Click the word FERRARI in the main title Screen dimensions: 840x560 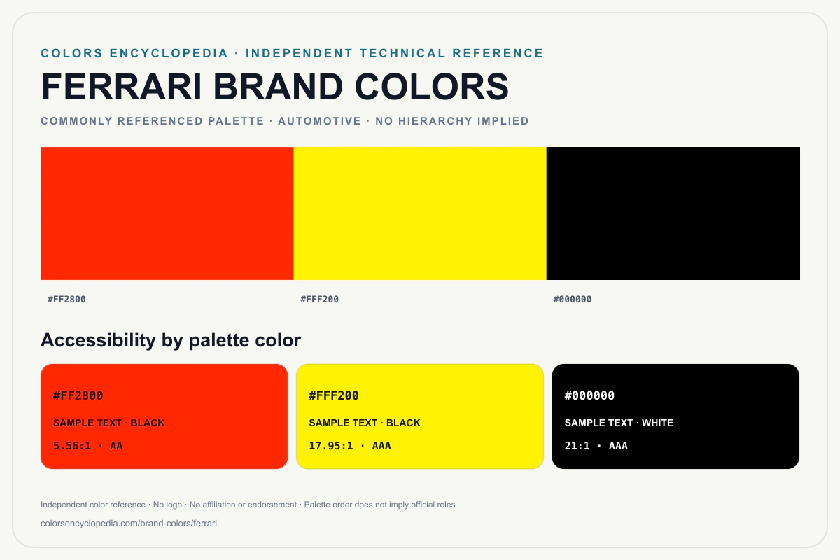122,87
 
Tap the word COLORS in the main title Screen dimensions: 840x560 432,87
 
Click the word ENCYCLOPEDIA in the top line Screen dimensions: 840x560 169,53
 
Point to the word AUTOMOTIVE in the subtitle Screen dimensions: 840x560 319,121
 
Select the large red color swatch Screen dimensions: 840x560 167,213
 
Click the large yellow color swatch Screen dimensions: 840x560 420,213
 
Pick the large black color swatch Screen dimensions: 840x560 673,213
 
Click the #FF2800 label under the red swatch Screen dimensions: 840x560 66,300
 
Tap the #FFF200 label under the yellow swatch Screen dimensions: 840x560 319,300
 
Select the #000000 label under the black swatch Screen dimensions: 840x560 573,300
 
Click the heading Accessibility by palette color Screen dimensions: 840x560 171,340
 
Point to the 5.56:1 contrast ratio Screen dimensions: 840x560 72,446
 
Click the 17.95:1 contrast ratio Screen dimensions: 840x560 331,446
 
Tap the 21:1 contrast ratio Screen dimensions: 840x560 577,446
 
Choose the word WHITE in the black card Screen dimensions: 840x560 658,423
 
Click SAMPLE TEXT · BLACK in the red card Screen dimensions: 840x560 109,423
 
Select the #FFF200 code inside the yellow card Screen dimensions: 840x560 334,395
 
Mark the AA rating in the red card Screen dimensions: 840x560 116,446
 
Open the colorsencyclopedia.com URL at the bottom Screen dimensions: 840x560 129,523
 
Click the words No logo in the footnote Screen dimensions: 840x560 167,505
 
